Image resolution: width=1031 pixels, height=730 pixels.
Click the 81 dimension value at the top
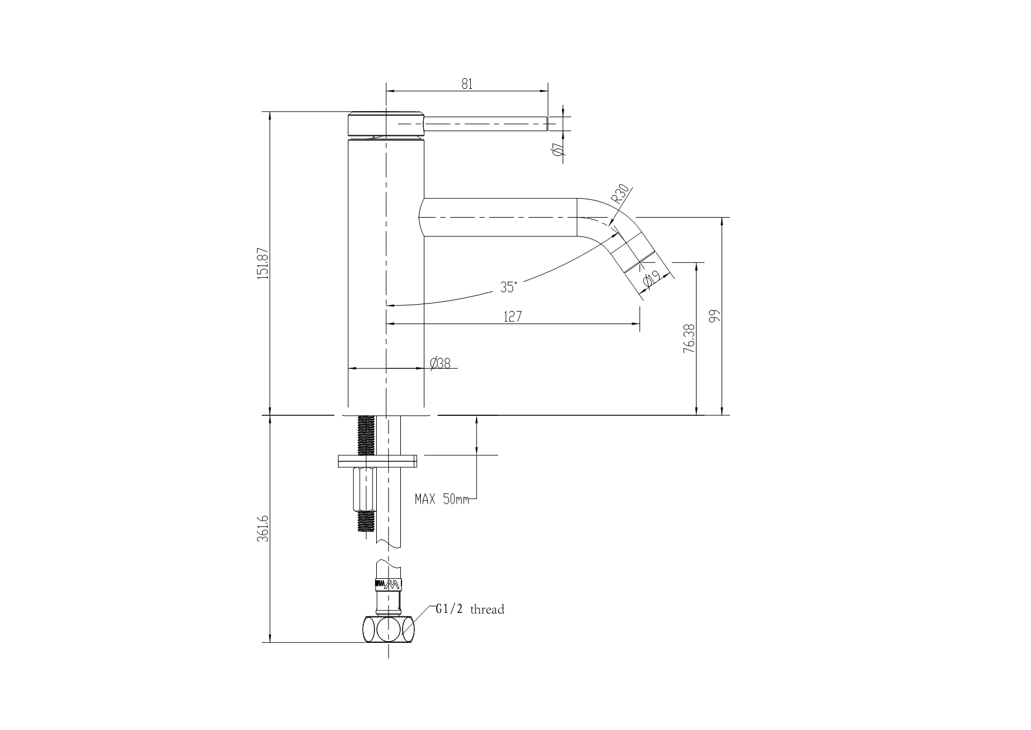[x=466, y=84]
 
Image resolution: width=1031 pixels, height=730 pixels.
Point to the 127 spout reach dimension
[x=513, y=316]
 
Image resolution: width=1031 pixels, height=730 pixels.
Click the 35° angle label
[x=508, y=287]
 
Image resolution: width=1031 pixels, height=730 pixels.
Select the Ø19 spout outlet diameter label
[x=650, y=279]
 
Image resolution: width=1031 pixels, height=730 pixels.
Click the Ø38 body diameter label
[x=440, y=364]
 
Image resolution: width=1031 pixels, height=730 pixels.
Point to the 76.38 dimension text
[x=689, y=339]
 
